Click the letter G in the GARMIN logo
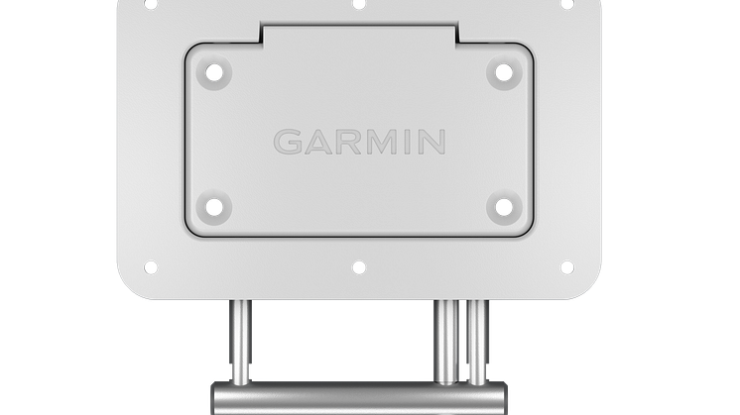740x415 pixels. tap(288, 142)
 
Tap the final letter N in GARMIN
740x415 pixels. tap(432, 142)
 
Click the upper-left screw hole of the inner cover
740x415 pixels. tap(214, 73)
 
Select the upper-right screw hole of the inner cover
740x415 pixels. tap(504, 73)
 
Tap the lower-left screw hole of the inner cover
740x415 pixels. tap(214, 207)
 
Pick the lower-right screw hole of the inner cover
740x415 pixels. tap(504, 207)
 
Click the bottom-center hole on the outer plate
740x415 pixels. tap(359, 267)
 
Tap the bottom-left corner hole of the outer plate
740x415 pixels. tap(151, 267)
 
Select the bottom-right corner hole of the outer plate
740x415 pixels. tap(566, 267)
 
